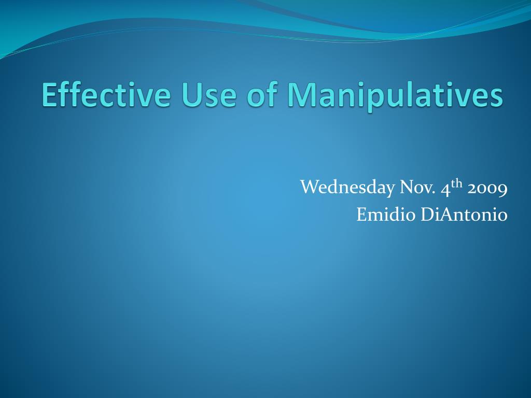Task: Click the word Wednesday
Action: [347, 187]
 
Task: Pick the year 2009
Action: [487, 189]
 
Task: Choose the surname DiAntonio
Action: [464, 214]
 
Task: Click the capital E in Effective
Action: [49, 95]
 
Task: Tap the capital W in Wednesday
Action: [311, 187]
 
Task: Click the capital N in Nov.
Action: [408, 188]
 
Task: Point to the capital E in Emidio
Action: [362, 215]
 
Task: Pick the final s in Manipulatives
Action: [496, 98]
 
